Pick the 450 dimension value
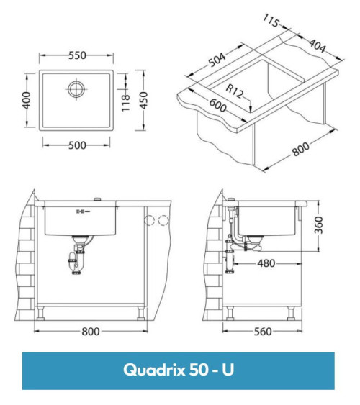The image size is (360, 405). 144,100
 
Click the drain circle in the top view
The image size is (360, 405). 76,90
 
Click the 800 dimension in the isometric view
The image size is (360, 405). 300,150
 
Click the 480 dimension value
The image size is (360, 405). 266,263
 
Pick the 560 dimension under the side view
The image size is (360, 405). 263,332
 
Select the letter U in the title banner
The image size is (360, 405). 228,370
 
